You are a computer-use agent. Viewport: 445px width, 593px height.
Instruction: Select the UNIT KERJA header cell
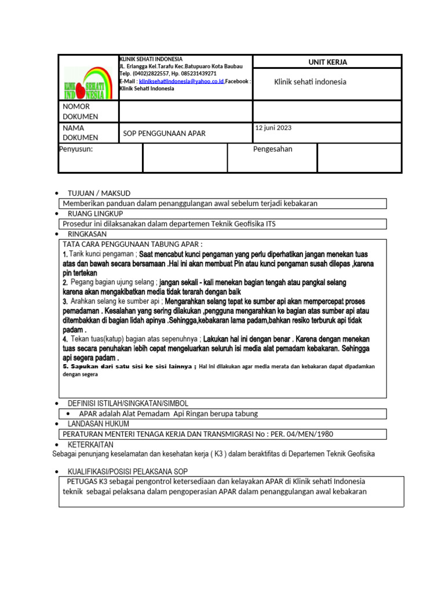coord(327,62)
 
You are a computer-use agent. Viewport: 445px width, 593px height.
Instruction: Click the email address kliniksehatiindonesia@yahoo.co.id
coord(181,82)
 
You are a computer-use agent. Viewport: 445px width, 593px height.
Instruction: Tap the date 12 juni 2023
coord(273,127)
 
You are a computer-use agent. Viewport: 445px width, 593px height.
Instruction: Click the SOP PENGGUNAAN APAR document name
coord(164,134)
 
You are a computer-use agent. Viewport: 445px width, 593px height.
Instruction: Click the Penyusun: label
coord(76,149)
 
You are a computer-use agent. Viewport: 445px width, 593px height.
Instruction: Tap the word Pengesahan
coord(273,149)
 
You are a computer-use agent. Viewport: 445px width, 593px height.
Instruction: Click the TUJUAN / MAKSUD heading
coord(99,193)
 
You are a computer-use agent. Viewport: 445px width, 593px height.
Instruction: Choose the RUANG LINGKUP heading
coord(95,214)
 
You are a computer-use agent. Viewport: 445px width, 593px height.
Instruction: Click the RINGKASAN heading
coord(87,234)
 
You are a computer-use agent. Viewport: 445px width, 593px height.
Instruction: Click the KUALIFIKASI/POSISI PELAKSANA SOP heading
coord(127,471)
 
